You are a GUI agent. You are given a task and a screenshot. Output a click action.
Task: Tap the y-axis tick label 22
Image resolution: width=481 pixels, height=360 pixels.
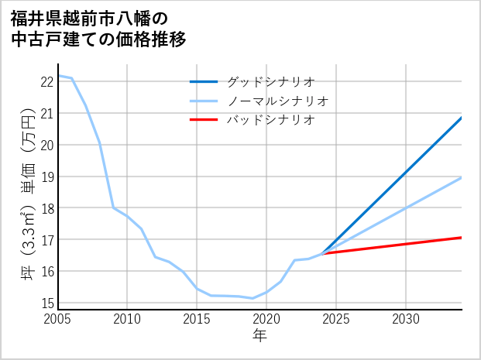(x=46, y=81)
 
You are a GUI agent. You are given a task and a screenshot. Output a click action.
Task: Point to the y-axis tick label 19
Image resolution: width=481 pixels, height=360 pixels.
(x=46, y=177)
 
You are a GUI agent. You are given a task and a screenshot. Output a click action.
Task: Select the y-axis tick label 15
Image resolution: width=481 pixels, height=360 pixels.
(x=46, y=303)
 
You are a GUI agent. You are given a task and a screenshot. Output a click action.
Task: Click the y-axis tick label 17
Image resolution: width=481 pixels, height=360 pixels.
(x=46, y=240)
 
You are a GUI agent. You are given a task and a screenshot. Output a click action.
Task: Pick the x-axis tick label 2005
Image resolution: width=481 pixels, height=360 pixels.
(x=58, y=319)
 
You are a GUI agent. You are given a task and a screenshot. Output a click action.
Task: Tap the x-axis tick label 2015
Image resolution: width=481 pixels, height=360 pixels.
(x=197, y=319)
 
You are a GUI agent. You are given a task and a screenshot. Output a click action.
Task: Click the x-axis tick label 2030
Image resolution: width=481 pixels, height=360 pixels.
(x=406, y=319)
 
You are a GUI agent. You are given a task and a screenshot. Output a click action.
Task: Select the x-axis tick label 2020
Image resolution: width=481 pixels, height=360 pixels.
(x=266, y=319)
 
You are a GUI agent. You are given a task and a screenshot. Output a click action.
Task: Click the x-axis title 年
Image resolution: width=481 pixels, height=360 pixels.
(x=259, y=335)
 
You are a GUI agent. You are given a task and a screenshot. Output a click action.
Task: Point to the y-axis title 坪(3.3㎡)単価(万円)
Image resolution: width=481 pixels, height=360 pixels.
(x=27, y=194)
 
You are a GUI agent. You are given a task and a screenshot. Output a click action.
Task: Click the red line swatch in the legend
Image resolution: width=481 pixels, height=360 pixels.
(x=204, y=120)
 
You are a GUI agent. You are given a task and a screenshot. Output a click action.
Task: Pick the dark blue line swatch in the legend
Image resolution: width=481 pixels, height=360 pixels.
(x=204, y=81)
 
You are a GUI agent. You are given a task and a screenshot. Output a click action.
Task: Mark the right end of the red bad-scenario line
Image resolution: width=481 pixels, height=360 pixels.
(x=462, y=238)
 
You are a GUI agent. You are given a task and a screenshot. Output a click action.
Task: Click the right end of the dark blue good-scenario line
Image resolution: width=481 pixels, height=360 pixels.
(x=462, y=118)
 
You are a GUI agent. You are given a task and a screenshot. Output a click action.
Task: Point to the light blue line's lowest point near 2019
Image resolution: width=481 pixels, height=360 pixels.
(x=253, y=298)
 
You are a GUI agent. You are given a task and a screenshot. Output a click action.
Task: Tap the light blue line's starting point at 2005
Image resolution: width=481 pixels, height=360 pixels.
(x=58, y=75)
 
